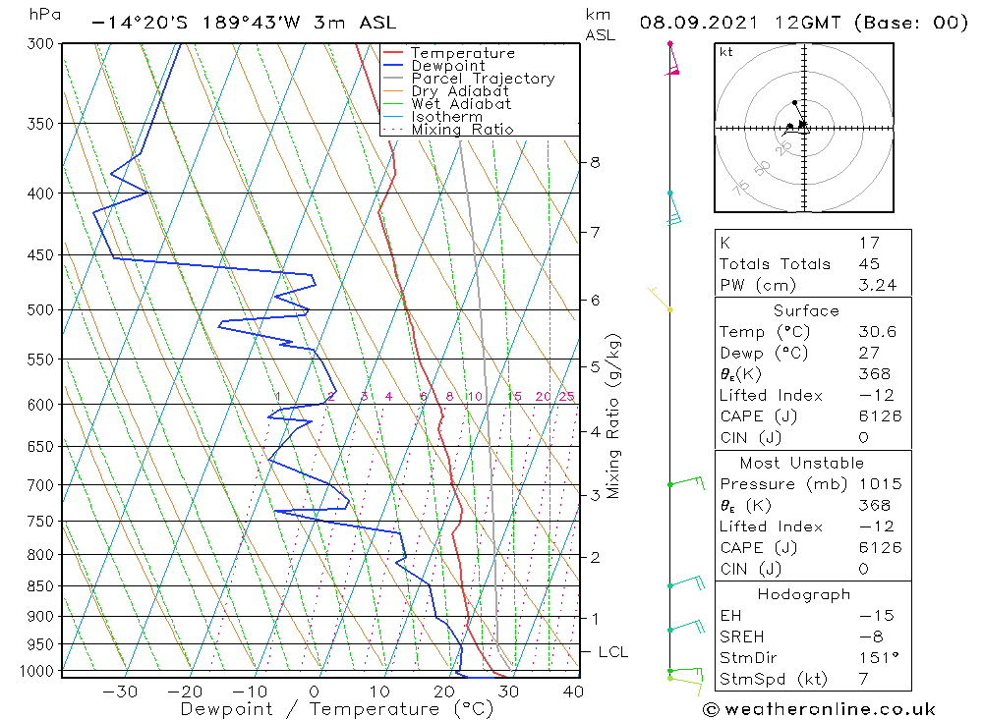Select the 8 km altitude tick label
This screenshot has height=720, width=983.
tap(596, 162)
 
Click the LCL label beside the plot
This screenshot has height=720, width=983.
tap(613, 652)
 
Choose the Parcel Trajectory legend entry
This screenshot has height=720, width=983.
tap(483, 79)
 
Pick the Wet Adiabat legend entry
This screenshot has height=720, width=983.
tap(461, 104)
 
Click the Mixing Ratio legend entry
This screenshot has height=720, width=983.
tap(462, 130)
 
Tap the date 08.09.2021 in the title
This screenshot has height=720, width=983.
tap(692, 23)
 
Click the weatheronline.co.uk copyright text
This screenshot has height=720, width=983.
tap(819, 709)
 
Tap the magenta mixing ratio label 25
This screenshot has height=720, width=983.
tap(566, 397)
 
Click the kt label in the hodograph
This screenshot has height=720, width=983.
tap(726, 52)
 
